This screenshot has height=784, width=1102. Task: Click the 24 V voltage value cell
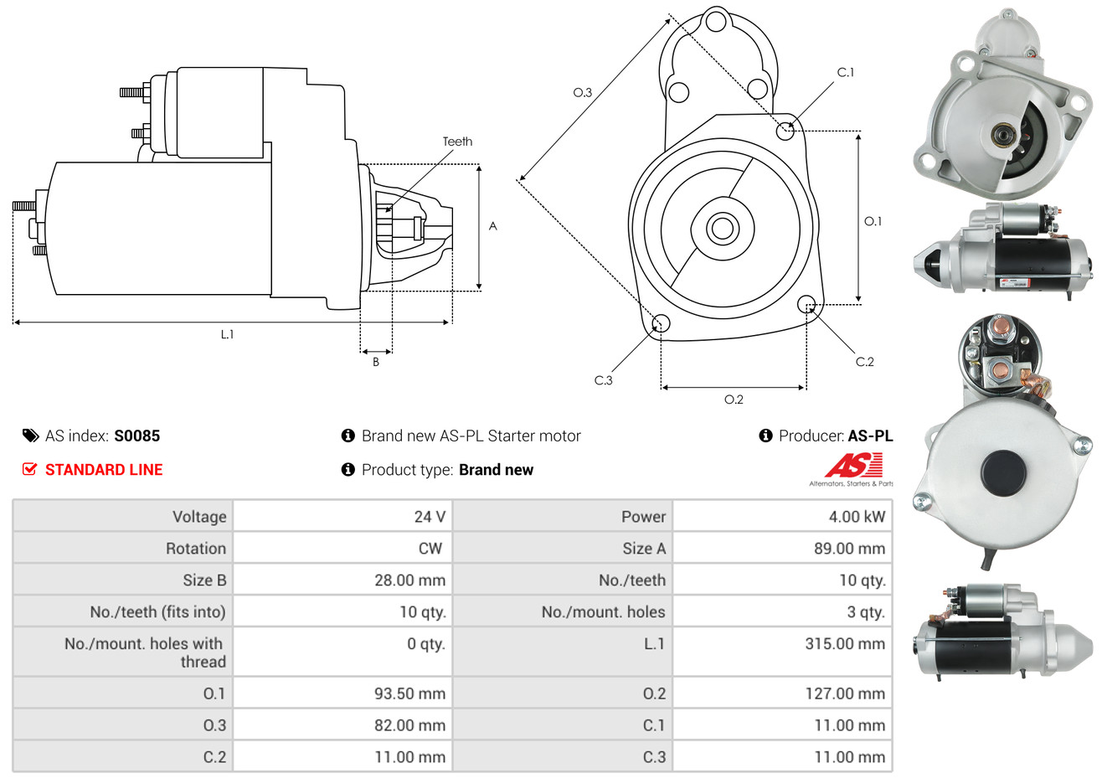[x=429, y=517]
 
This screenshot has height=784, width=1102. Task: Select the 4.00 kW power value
[x=856, y=517]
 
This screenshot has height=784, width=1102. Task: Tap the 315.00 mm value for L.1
[x=844, y=644]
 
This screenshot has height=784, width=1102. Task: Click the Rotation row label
[x=195, y=549]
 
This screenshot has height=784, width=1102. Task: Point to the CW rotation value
[x=430, y=549]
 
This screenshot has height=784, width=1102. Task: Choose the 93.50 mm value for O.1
[x=409, y=694]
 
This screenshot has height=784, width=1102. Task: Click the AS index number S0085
[x=136, y=436]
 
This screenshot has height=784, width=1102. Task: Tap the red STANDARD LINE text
[x=104, y=470]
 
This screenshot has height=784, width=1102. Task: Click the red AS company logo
[x=853, y=466]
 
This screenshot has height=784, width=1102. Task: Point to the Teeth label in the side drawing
[x=457, y=142]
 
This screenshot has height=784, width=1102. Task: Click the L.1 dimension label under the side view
[x=227, y=334]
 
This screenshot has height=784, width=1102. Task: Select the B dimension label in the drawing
[x=376, y=362]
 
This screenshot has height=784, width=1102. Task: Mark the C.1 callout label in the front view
[x=846, y=73]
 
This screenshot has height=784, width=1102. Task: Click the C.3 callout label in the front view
[x=603, y=380]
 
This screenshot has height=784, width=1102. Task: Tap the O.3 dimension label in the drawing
[x=582, y=92]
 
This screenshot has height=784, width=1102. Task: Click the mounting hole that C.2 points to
[x=806, y=303]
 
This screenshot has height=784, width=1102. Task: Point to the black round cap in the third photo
[x=1003, y=473]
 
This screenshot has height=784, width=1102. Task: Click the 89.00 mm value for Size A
[x=849, y=549]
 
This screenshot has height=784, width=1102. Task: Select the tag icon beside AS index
[x=30, y=436]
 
